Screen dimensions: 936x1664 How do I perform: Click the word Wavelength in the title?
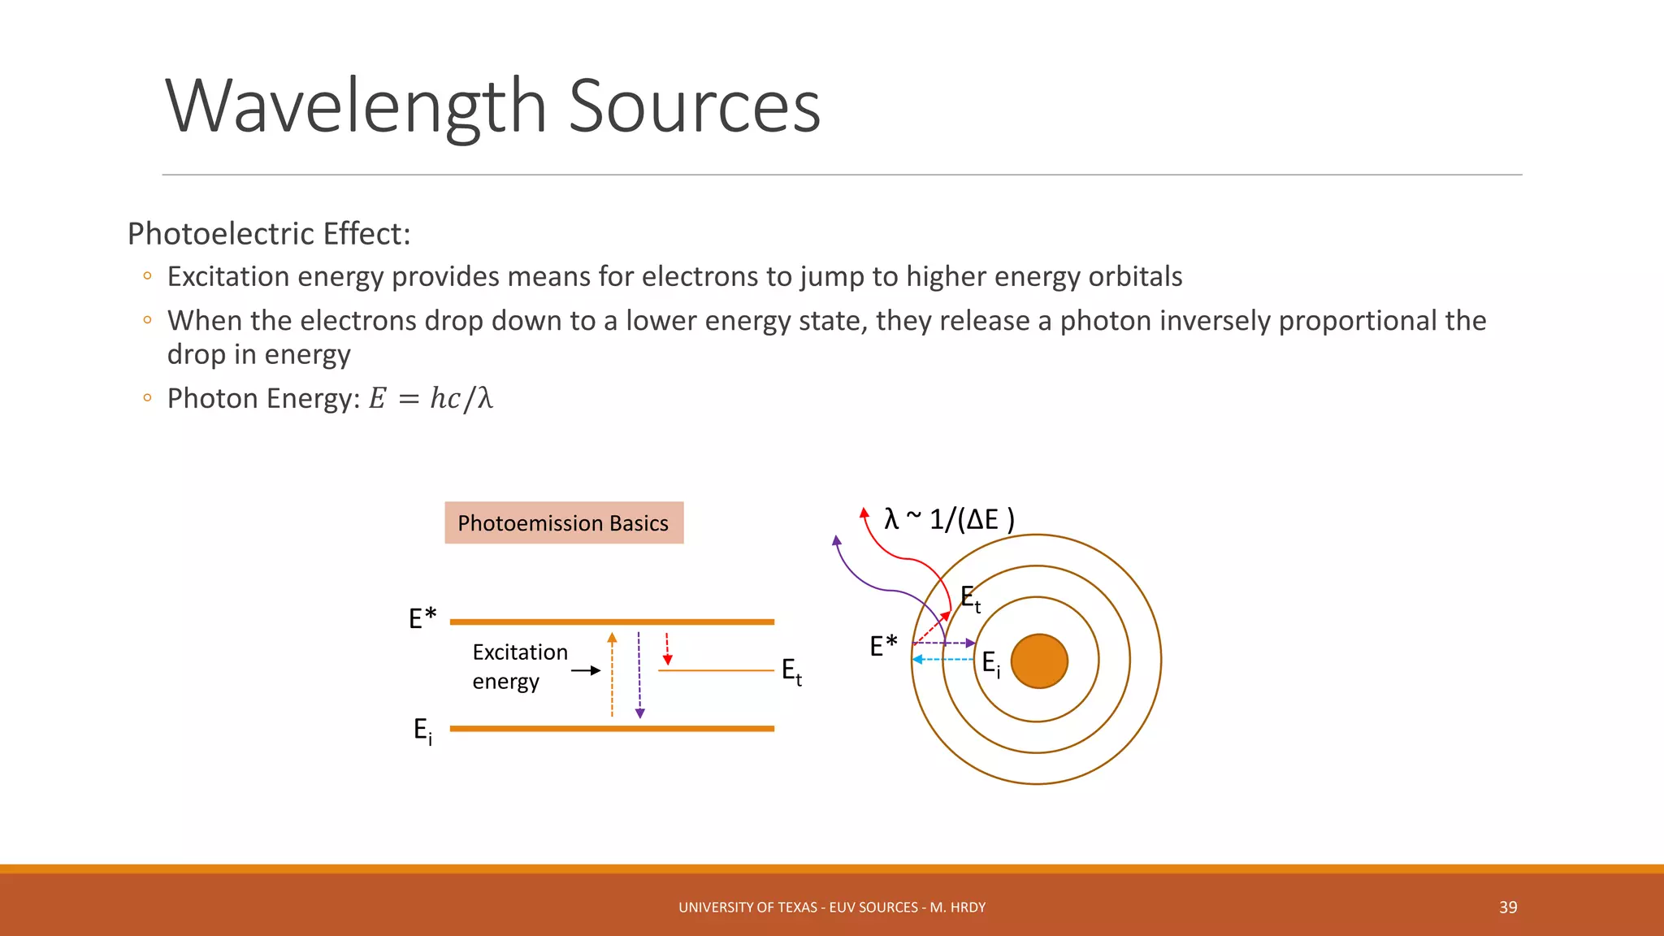[356, 106]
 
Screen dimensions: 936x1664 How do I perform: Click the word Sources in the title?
[694, 106]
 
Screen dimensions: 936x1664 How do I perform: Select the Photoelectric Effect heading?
[269, 234]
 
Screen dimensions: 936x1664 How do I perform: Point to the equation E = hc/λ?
[431, 399]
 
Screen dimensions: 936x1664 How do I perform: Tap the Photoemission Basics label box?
[563, 523]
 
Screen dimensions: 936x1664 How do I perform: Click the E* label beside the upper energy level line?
[422, 619]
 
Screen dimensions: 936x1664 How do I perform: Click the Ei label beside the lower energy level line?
[422, 730]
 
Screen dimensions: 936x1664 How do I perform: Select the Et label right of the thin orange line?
[791, 672]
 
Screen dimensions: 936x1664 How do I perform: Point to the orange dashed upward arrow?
[612, 674]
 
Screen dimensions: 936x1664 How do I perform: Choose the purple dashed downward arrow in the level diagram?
[639, 674]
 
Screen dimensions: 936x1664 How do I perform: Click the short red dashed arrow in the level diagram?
[667, 648]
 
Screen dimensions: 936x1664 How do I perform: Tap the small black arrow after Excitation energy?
[586, 670]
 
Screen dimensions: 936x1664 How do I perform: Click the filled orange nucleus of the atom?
[1038, 661]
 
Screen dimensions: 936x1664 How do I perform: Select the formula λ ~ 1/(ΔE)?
[948, 519]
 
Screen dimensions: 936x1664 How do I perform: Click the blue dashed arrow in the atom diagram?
[942, 659]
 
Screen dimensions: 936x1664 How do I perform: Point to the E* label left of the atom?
[883, 646]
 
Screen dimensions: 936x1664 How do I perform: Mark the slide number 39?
[1508, 908]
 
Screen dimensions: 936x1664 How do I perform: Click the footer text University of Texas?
[831, 908]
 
